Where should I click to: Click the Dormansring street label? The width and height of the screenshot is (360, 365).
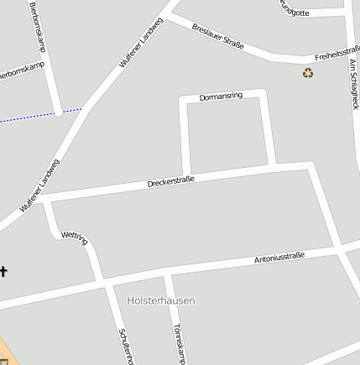(221, 97)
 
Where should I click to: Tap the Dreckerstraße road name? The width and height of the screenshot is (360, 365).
(170, 180)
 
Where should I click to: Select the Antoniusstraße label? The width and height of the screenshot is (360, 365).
(279, 258)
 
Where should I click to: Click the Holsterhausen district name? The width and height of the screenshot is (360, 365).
(160, 300)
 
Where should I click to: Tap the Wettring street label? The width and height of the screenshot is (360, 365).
(75, 238)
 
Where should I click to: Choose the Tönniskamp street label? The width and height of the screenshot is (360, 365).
(177, 344)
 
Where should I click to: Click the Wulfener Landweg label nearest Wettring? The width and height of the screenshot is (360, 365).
(39, 185)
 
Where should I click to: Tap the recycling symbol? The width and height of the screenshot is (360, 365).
(308, 73)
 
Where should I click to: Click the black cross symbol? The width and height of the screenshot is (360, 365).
(3, 271)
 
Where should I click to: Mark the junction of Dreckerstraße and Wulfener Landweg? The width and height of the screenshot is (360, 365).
(37, 199)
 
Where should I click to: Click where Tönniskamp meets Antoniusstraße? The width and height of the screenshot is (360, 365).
(167, 273)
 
